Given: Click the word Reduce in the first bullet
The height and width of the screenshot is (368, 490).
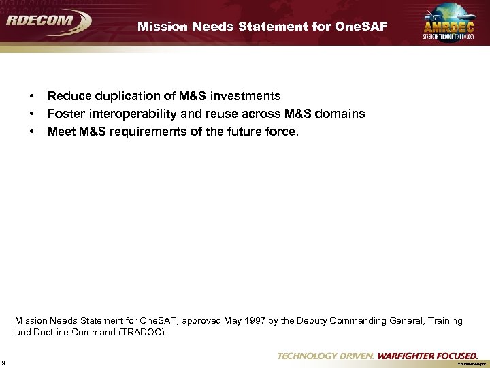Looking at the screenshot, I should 67,96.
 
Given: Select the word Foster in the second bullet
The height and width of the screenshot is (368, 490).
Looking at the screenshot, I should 65,114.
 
